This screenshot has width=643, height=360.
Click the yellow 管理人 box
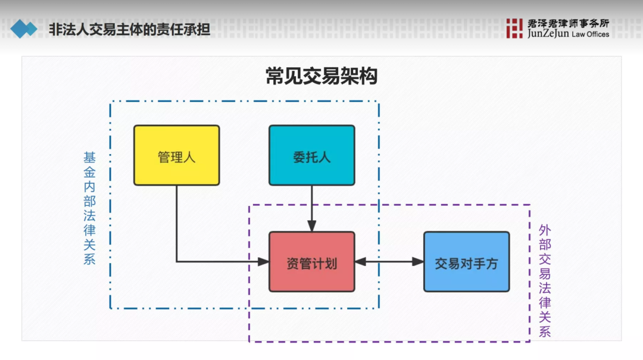tap(176, 155)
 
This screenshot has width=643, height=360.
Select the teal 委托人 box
tap(311, 155)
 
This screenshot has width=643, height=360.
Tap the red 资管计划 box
tap(311, 262)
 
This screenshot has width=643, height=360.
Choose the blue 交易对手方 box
tap(466, 262)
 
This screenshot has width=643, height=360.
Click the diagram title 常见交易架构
tap(321, 77)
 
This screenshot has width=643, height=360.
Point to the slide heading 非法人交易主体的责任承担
tap(130, 29)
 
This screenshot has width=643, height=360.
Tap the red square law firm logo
tap(514, 28)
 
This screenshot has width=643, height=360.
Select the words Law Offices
tap(590, 35)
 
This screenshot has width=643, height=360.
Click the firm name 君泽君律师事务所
tap(568, 23)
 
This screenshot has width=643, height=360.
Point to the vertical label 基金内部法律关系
tap(90, 208)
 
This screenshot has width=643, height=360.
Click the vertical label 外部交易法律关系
tap(545, 280)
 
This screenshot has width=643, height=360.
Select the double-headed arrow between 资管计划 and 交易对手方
tap(389, 261)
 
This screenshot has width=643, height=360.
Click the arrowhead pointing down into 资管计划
tap(311, 226)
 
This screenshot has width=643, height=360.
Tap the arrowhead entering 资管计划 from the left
tap(263, 261)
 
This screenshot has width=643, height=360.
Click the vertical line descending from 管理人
tap(177, 223)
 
